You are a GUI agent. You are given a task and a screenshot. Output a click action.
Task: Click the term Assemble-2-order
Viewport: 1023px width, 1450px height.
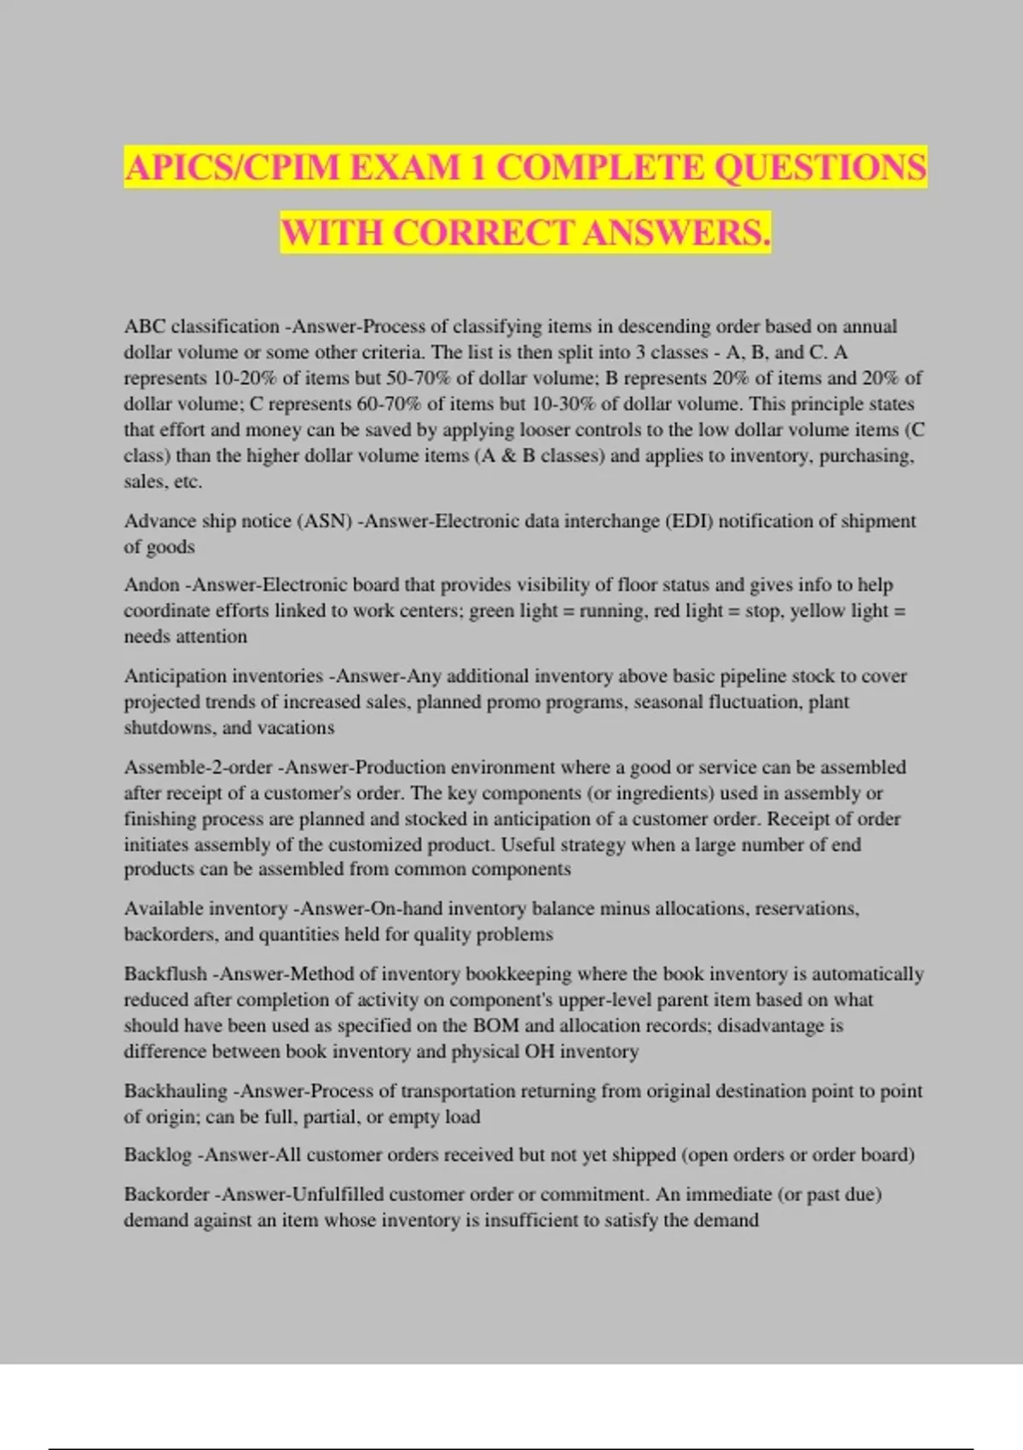pos(198,768)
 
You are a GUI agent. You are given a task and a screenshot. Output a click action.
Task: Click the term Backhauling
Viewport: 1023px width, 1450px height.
pos(176,1091)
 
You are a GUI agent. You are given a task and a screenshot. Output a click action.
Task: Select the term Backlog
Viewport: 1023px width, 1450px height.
pos(158,1155)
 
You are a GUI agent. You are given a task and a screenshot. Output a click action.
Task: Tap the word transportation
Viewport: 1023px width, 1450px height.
pos(451,1091)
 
